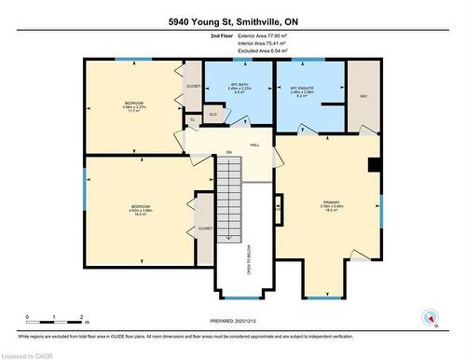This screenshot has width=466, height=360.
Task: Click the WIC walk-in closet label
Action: (x=362, y=96)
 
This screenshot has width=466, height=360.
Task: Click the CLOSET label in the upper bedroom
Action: (x=193, y=87)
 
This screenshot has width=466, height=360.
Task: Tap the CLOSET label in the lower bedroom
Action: (x=205, y=228)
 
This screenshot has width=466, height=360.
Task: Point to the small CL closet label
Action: (x=192, y=119)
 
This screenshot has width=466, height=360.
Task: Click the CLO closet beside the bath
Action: (x=213, y=114)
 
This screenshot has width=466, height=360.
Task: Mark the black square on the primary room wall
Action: (x=373, y=165)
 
